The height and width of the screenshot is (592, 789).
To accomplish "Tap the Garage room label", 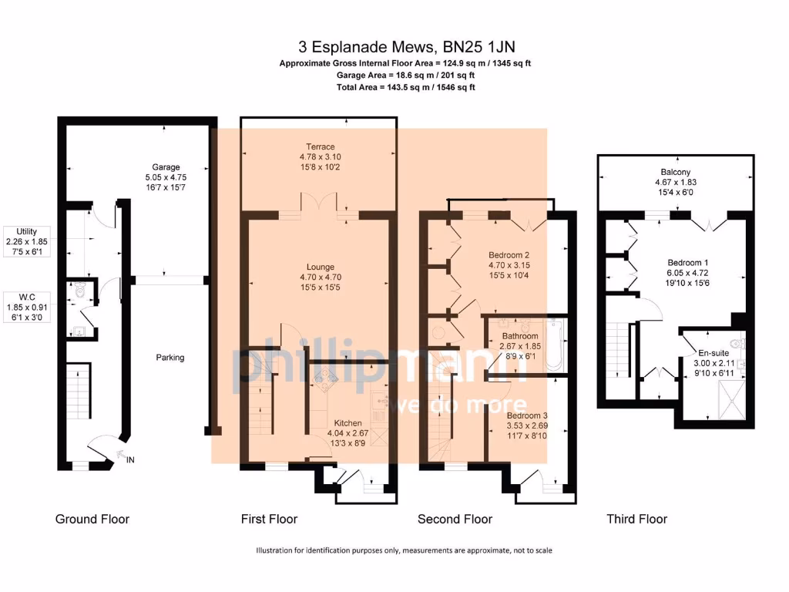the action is [166, 167].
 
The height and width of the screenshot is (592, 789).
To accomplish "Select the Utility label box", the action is [27, 241].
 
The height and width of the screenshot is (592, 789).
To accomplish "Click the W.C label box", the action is [27, 307].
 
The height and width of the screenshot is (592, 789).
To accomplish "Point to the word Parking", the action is [170, 358].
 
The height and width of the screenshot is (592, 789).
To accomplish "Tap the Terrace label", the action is [321, 146].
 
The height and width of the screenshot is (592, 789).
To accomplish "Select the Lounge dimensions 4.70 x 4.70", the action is [321, 277].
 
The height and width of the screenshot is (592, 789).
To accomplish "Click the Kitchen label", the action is [347, 423].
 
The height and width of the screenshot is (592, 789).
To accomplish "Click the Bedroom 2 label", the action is [509, 255].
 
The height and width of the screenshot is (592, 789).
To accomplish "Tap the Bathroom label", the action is [520, 336].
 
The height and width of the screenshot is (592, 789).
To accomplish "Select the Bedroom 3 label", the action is [527, 415].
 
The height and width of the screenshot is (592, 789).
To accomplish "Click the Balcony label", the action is [676, 172].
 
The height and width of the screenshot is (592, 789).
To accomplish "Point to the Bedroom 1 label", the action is [688, 263].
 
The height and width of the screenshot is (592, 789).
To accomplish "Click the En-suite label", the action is [713, 353].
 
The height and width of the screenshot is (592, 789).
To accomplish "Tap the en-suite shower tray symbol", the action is [732, 400].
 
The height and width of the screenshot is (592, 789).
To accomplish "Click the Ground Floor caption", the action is [92, 519].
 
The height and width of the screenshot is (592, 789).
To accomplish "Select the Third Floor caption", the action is [637, 519].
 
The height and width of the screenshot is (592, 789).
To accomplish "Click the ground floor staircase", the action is [79, 391].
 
